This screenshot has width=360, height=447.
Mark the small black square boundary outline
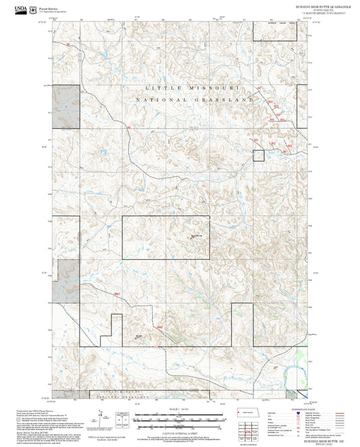258,155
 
